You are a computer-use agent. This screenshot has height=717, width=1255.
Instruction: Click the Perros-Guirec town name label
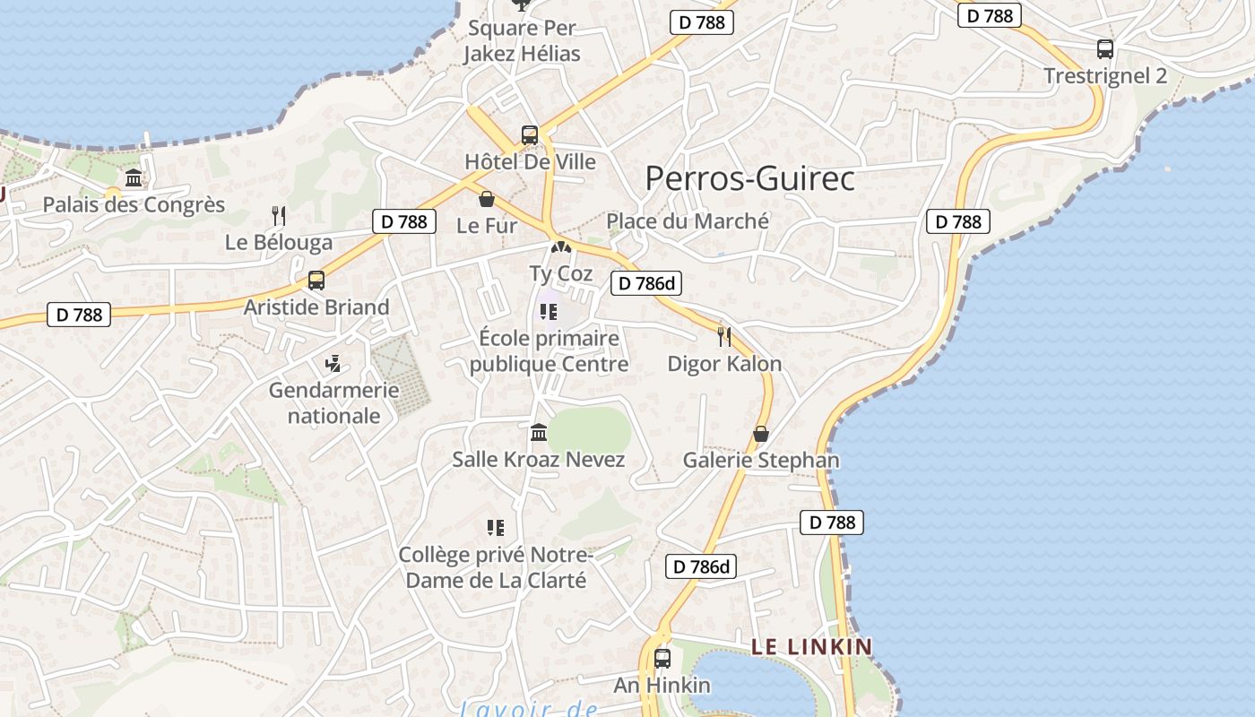coord(749,178)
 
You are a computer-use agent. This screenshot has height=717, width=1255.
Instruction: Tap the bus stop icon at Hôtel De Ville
coord(530,135)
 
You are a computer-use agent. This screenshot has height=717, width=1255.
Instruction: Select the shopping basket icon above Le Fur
coord(487,199)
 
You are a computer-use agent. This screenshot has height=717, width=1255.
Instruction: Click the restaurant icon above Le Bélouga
coord(279,215)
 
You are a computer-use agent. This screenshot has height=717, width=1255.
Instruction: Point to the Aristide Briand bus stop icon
coord(316,281)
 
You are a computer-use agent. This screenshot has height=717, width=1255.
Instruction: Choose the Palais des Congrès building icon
coord(134,178)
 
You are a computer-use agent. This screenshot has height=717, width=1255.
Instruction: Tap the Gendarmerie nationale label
coord(333,402)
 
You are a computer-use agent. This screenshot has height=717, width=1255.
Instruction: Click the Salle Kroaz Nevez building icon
coord(539,433)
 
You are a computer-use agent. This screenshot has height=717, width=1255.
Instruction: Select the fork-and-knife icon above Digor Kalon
coord(724,337)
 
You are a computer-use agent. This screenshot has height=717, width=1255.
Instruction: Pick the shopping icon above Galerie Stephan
coord(761,434)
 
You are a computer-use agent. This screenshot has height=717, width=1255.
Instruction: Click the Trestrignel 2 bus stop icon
coord(1105,49)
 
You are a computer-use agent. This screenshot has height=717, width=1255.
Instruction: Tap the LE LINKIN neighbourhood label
coord(811,646)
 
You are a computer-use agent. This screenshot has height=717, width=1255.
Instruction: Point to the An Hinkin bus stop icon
coord(662,659)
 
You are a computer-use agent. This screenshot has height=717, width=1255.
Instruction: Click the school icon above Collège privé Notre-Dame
coord(496,528)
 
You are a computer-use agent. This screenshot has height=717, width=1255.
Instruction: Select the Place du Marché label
coord(688,220)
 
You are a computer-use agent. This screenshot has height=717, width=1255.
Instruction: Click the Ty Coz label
coord(561,273)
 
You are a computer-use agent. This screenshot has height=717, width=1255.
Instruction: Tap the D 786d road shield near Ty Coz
coord(646,284)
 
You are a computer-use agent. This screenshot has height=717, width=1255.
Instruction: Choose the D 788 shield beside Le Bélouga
coord(404,221)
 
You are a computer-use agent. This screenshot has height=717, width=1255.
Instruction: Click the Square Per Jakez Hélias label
coord(522,40)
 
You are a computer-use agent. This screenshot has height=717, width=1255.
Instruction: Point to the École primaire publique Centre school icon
coord(549,312)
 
